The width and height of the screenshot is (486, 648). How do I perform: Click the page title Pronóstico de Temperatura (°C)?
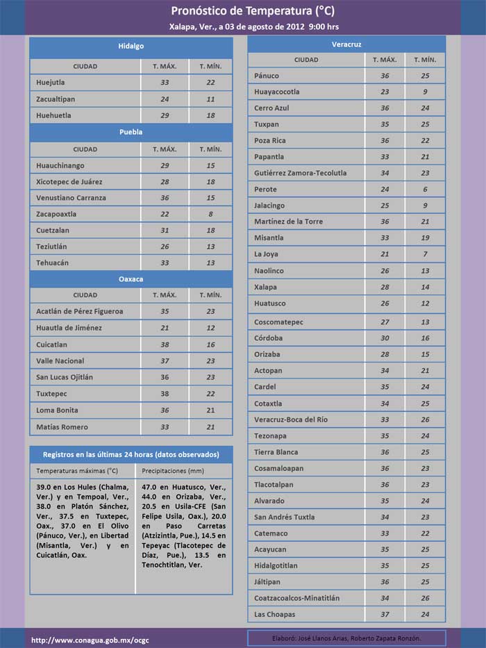pyautogui.click(x=243, y=11)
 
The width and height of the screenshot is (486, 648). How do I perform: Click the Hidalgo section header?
pyautogui.click(x=131, y=46)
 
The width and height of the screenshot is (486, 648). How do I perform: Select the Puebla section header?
pyautogui.click(x=131, y=132)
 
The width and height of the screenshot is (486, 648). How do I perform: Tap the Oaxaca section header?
pyautogui.click(x=131, y=279)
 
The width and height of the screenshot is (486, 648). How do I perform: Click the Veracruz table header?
pyautogui.click(x=346, y=44)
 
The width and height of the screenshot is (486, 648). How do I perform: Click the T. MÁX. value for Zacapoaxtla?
pyautogui.click(x=165, y=214)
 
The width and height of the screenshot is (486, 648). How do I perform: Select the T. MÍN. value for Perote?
pyautogui.click(x=425, y=189)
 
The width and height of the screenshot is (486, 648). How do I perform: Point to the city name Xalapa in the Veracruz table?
pyautogui.click(x=265, y=287)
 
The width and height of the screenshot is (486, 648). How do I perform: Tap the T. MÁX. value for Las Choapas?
pyautogui.click(x=385, y=614)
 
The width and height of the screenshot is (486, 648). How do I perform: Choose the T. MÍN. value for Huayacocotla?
pyautogui.click(x=425, y=92)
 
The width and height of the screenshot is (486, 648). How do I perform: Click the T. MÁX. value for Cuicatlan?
pyautogui.click(x=165, y=344)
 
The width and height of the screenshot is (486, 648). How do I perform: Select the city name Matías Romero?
pyautogui.click(x=62, y=426)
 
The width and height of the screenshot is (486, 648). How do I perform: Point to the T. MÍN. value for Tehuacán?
pyautogui.click(x=210, y=263)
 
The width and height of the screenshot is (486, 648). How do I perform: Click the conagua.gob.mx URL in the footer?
pyautogui.click(x=90, y=639)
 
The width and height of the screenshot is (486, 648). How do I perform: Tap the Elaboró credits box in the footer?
pyautogui.click(x=346, y=638)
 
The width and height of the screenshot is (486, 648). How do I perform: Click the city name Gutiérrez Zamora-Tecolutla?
pyautogui.click(x=300, y=173)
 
